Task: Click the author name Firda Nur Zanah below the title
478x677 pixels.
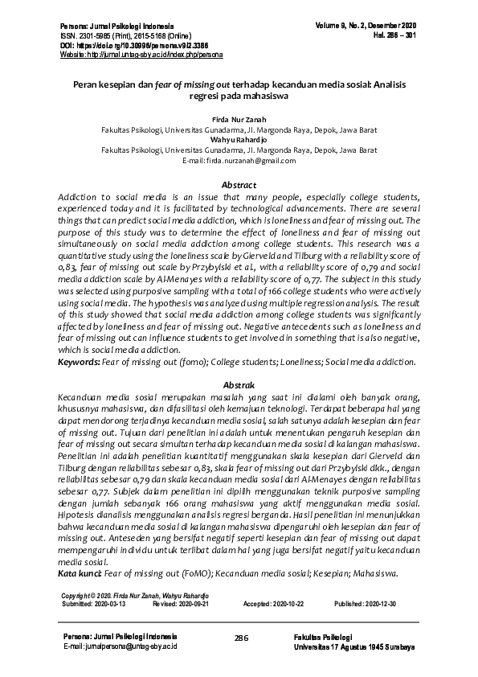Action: point(239,118)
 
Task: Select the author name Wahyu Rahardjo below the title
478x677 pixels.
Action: point(239,139)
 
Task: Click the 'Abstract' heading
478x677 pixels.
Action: point(239,185)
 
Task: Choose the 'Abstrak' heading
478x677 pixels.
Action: point(239,385)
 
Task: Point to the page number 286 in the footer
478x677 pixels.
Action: point(239,638)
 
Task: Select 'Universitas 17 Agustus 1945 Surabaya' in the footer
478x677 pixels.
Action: point(354,646)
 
